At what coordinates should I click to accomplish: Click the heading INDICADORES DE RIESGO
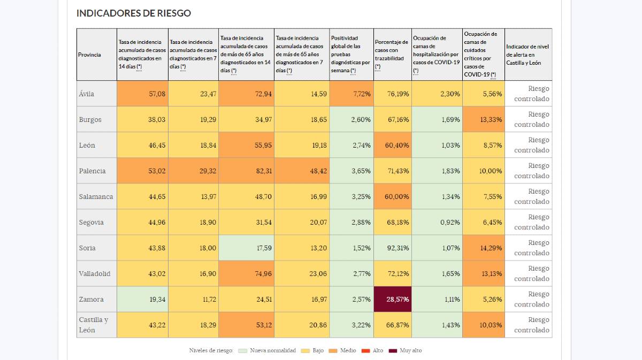tap(133, 13)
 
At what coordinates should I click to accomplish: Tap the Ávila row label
tap(87, 94)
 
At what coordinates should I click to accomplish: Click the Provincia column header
tap(89, 55)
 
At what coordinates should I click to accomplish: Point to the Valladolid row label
tap(95, 274)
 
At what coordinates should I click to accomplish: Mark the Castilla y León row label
tap(94, 325)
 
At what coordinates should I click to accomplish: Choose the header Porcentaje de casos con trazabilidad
tap(392, 54)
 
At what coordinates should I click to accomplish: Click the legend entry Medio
tap(343, 350)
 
